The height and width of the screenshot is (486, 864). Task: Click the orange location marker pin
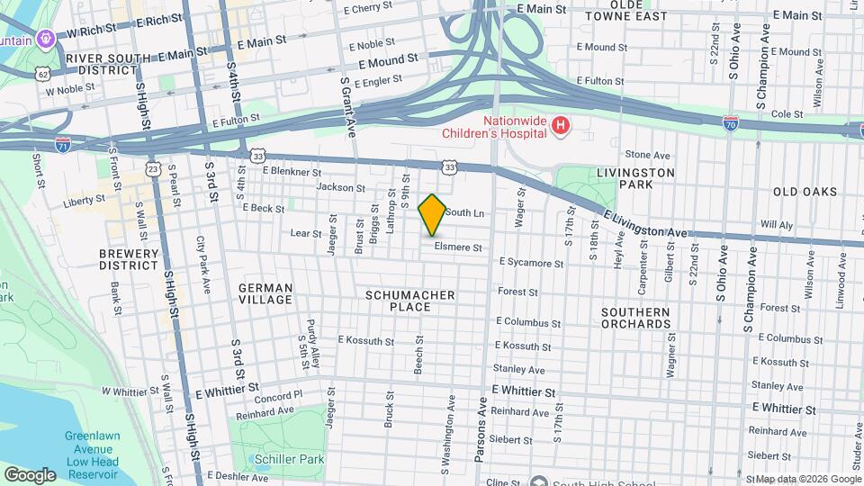pos(432,214)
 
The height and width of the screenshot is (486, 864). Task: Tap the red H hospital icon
pos(561,125)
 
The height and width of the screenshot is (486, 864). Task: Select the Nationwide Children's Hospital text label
pos(495,126)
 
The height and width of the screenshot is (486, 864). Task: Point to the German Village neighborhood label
pos(265,293)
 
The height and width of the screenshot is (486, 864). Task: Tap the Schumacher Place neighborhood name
pos(410,301)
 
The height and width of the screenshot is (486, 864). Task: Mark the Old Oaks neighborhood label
pos(805,192)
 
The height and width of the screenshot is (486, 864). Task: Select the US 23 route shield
pos(154,168)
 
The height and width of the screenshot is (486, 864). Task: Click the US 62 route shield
pos(43,72)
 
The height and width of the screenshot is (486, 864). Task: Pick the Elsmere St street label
pos(458,247)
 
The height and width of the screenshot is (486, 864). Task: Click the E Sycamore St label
pos(531,264)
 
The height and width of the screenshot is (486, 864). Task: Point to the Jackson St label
pos(341,188)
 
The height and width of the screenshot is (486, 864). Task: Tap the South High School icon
pos(539,482)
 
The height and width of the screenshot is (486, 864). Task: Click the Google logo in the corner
pos(30,474)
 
